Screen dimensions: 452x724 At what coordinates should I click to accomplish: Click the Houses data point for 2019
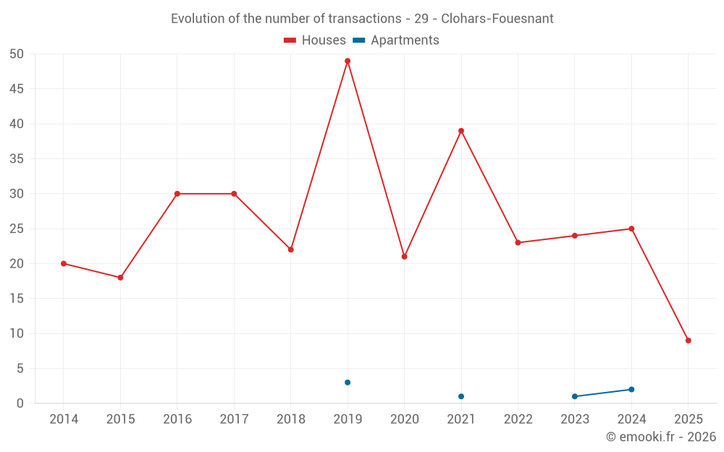pyautogui.click(x=348, y=61)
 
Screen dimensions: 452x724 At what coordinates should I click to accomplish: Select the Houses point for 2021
pyautogui.click(x=461, y=131)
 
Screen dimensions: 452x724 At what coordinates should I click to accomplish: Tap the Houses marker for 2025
pyautogui.click(x=689, y=341)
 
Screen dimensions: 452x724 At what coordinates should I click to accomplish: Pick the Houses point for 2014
pyautogui.click(x=64, y=264)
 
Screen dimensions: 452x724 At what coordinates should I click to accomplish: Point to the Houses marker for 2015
pyautogui.click(x=120, y=278)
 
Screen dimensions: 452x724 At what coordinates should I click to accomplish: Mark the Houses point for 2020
pyautogui.click(x=404, y=257)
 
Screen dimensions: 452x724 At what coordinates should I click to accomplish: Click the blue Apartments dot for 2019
pyautogui.click(x=348, y=383)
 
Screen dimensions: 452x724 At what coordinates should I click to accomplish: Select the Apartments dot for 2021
pyautogui.click(x=461, y=396)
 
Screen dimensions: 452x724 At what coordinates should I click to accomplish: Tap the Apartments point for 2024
pyautogui.click(x=631, y=390)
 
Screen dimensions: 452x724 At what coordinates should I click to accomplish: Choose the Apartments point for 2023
pyautogui.click(x=575, y=396)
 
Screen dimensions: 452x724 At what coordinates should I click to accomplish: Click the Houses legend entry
pyautogui.click(x=315, y=40)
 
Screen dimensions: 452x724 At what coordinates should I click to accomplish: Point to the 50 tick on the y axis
pyautogui.click(x=17, y=54)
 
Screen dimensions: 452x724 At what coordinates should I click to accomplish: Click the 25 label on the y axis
pyautogui.click(x=17, y=229)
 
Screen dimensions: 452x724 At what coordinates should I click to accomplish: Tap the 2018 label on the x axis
pyautogui.click(x=290, y=419)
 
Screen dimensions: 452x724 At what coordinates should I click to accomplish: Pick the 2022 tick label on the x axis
pyautogui.click(x=518, y=419)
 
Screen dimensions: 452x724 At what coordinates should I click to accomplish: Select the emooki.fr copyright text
pyautogui.click(x=661, y=437)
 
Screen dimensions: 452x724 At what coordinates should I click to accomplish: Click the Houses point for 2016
pyautogui.click(x=177, y=194)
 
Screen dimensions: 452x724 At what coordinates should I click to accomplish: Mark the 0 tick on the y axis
pyautogui.click(x=20, y=404)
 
